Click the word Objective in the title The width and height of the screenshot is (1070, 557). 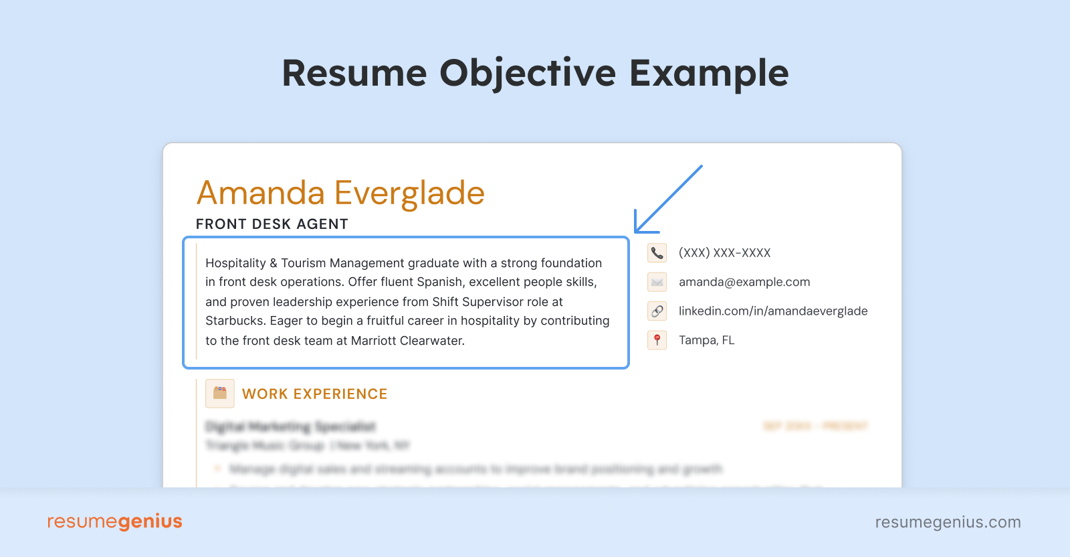(527, 74)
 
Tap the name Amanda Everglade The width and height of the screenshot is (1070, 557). (340, 193)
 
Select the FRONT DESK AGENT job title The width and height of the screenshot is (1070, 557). (272, 224)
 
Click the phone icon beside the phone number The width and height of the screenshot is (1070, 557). (657, 253)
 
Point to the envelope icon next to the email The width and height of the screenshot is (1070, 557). (657, 283)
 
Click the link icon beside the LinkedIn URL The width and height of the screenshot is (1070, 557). (657, 311)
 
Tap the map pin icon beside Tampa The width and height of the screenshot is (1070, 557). (657, 340)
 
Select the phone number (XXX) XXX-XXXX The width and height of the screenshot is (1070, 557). (724, 253)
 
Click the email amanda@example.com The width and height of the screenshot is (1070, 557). (744, 283)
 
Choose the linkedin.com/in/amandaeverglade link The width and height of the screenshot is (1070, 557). (772, 311)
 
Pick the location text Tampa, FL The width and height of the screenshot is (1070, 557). (706, 340)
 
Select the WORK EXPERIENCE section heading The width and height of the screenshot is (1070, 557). (314, 394)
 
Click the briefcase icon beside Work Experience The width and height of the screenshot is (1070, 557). (219, 394)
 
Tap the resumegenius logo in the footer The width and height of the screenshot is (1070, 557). (114, 522)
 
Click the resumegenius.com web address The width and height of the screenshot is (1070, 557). (948, 522)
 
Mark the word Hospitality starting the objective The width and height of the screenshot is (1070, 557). (235, 263)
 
